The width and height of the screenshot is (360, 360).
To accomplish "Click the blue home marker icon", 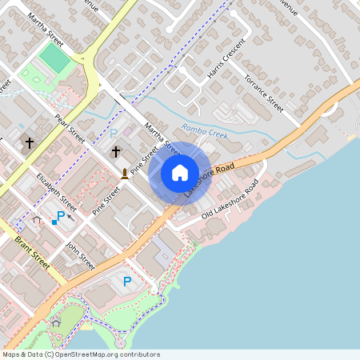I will tap(179, 172).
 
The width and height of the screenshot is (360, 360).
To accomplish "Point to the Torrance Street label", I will tap(264, 93).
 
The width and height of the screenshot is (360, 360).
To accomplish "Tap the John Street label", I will tap(81, 255).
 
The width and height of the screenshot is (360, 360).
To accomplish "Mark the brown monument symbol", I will tap(124, 173).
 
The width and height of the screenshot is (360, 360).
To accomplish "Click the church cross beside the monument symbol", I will tap(115, 151).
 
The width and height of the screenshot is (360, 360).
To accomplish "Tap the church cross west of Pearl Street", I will tap(30, 143).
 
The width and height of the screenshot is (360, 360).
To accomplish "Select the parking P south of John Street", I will tap(126, 280).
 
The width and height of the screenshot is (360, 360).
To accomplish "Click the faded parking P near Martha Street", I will tap(113, 133).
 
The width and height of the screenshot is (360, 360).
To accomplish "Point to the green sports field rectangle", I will tap(54, 57).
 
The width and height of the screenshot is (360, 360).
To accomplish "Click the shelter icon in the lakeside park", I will tap(55, 323).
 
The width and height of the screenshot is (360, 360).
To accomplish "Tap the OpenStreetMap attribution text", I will tap(81, 354).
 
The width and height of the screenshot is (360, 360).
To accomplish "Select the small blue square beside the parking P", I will tap(54, 222).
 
